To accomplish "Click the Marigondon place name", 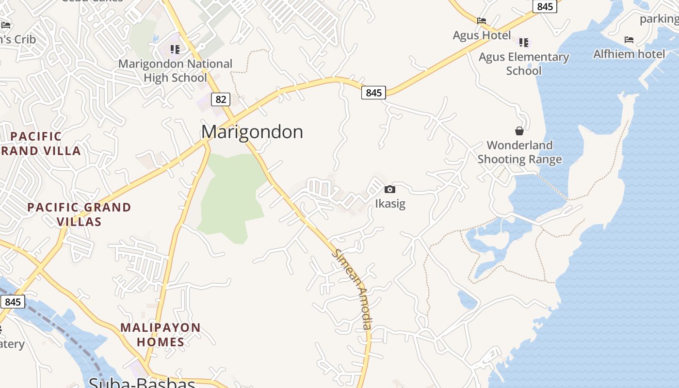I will point(252,132).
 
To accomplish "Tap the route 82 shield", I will point(221,99).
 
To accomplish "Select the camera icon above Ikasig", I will point(390,189).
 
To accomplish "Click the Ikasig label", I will point(390,204).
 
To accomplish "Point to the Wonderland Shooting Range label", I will point(519,152).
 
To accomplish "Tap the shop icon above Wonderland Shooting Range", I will point(519,131).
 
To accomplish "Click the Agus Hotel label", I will point(482,35).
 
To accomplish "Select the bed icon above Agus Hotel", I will point(482,21).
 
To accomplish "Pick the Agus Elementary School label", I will point(524,64).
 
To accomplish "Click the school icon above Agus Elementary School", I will point(524,43).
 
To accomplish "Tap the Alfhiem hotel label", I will point(629,54).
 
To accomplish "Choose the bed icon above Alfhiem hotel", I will point(629,39).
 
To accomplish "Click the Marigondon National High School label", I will point(175,71).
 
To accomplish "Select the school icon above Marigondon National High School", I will point(175,49).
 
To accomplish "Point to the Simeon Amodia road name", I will point(353,290).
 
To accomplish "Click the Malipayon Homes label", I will point(161,335).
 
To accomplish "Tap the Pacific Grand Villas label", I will point(79,214).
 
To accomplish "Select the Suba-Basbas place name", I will point(142,383).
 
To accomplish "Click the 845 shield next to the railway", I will point(13,302).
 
